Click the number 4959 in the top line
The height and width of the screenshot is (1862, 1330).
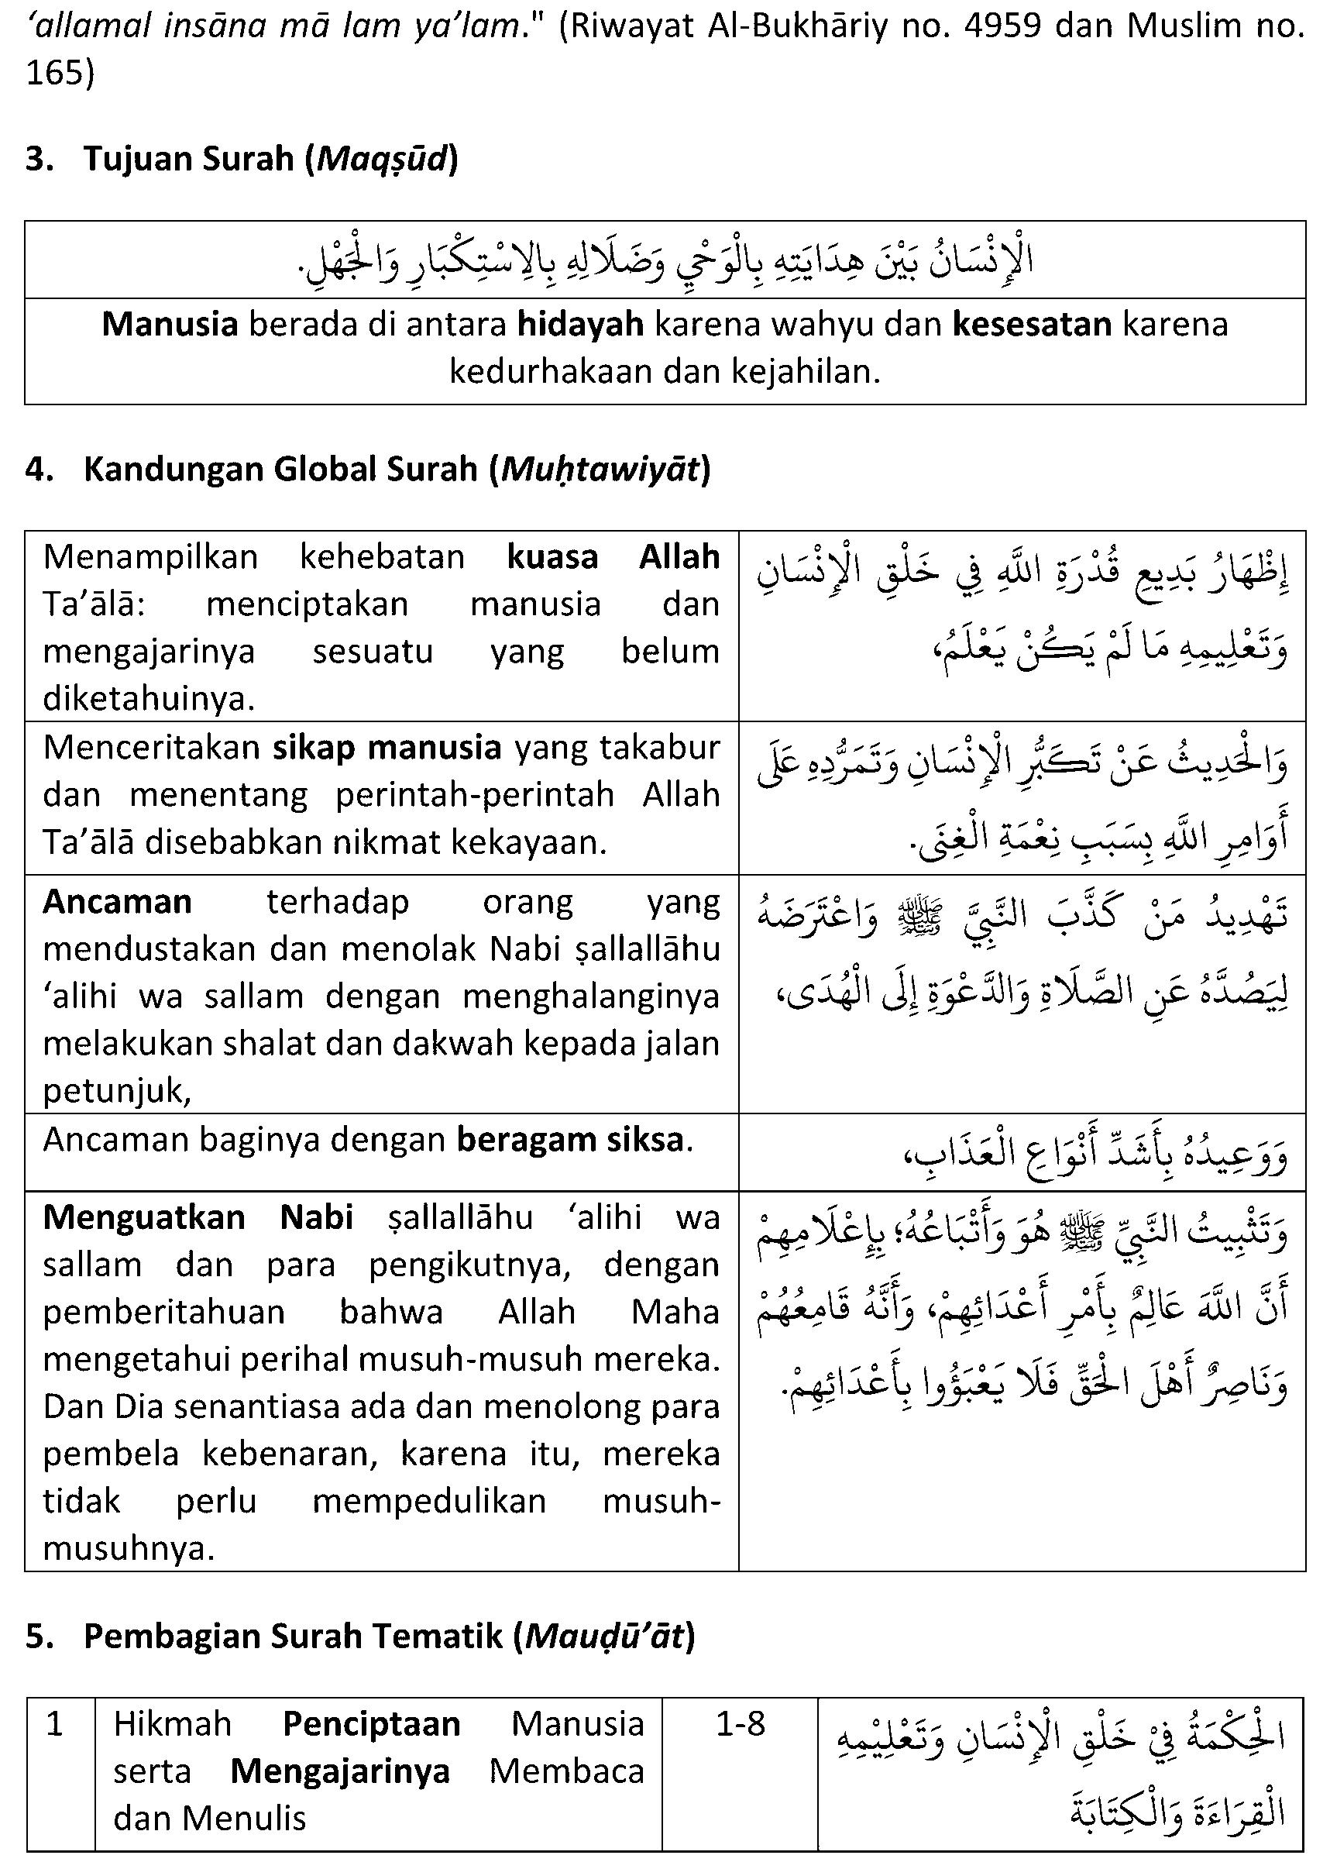[x=1005, y=26]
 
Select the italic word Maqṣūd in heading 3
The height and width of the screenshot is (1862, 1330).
[x=382, y=158]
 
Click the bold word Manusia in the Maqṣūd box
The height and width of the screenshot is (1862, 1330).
[x=170, y=325]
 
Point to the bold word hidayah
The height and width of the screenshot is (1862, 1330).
[x=581, y=325]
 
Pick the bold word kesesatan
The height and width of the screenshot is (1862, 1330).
[x=1031, y=325]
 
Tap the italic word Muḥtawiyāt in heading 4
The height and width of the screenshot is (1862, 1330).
[x=600, y=470]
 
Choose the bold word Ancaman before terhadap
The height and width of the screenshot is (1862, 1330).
[x=117, y=902]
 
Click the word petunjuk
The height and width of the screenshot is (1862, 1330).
[x=115, y=1091]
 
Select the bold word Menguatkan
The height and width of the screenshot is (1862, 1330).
[x=144, y=1217]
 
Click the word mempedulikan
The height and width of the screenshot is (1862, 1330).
[x=429, y=1502]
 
